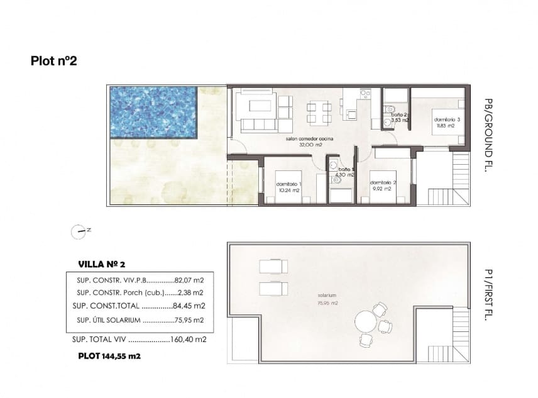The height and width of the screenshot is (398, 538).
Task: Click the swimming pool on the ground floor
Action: pyautogui.click(x=154, y=113)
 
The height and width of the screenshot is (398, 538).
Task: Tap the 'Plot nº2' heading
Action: pyautogui.click(x=53, y=61)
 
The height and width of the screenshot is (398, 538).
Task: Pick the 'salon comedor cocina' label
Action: pyautogui.click(x=309, y=138)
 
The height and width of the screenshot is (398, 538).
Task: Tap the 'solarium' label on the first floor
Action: pyautogui.click(x=328, y=295)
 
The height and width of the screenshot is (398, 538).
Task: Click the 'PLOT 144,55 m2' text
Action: pyautogui.click(x=109, y=355)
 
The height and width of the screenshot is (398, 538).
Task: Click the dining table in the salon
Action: pyautogui.click(x=319, y=113)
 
